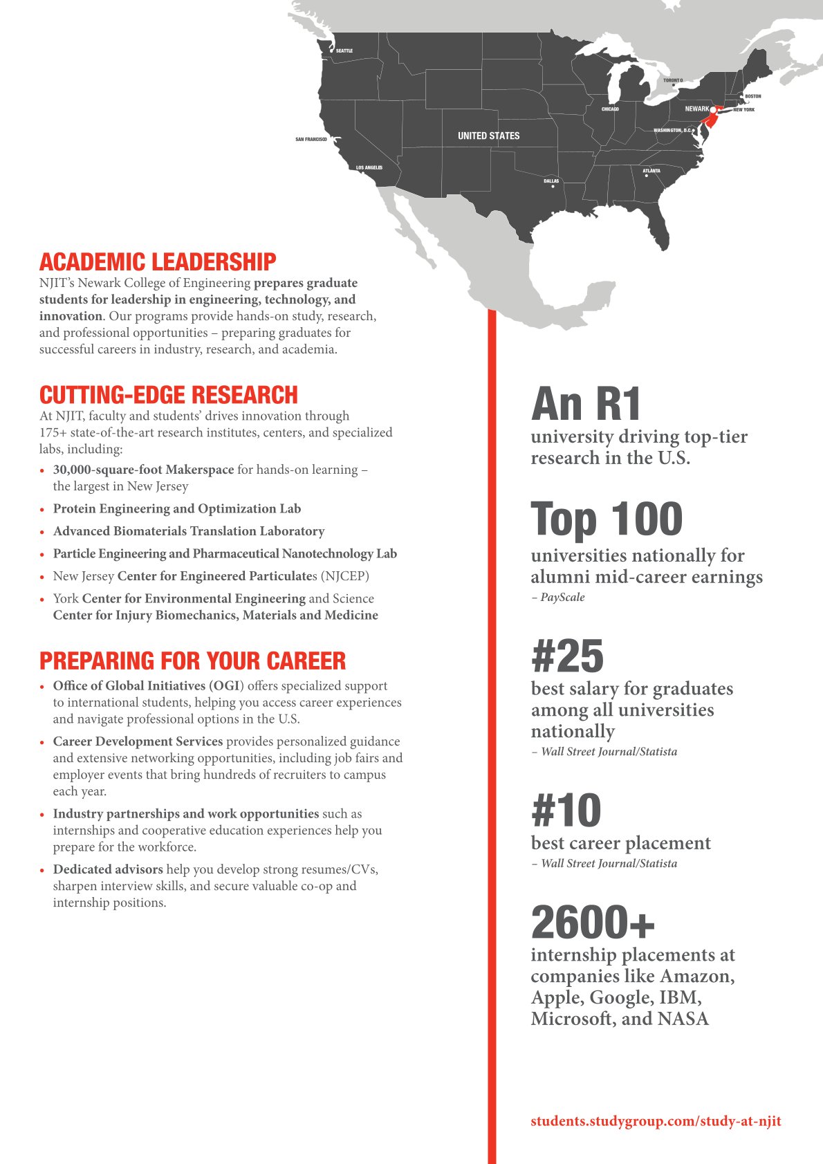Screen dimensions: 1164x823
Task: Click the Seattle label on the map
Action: pos(344,51)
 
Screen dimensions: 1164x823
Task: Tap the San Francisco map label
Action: pos(311,140)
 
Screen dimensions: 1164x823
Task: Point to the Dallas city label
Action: pos(551,181)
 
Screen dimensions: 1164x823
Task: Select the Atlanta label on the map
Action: pos(651,171)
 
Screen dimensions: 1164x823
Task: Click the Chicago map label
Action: pos(610,109)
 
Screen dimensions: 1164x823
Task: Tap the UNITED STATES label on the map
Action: pos(488,136)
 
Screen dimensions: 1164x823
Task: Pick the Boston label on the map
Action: pos(752,96)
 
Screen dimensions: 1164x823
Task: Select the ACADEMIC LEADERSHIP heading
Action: pos(158,262)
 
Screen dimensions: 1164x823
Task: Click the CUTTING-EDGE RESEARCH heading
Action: pos(169,395)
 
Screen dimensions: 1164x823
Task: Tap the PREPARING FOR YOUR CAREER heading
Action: pos(192,661)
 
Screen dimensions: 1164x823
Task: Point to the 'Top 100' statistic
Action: pos(607,519)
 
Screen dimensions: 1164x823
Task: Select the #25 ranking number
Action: pos(567,656)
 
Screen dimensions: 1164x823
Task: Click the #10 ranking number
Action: pos(566,811)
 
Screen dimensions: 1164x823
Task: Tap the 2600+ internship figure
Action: pos(593,922)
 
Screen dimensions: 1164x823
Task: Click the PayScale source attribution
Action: pos(562,598)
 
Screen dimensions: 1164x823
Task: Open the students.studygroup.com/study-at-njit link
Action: pos(656,1121)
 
